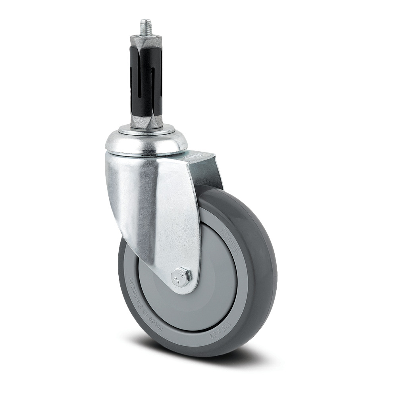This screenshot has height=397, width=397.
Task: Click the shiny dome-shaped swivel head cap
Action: [x=146, y=145]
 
